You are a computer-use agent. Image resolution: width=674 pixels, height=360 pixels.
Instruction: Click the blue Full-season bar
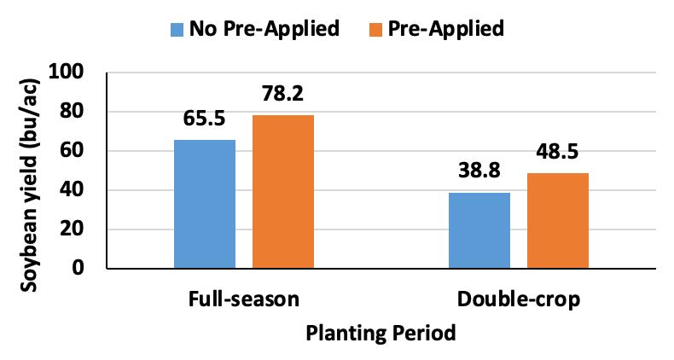(x=205, y=204)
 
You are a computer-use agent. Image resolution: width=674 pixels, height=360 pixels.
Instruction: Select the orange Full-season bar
(x=283, y=192)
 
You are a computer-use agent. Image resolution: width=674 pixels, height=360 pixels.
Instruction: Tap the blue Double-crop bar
(x=479, y=230)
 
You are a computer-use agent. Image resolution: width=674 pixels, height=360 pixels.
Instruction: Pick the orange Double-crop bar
(x=558, y=221)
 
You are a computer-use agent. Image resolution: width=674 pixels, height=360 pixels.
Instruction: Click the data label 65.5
(x=205, y=120)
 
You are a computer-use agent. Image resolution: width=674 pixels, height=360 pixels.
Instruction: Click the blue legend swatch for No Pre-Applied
(x=177, y=29)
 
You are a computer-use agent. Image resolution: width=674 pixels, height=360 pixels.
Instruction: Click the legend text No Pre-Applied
(x=264, y=28)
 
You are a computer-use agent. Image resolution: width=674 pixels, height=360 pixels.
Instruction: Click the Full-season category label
(x=244, y=300)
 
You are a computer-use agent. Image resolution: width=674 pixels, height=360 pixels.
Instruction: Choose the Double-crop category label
(x=519, y=300)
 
